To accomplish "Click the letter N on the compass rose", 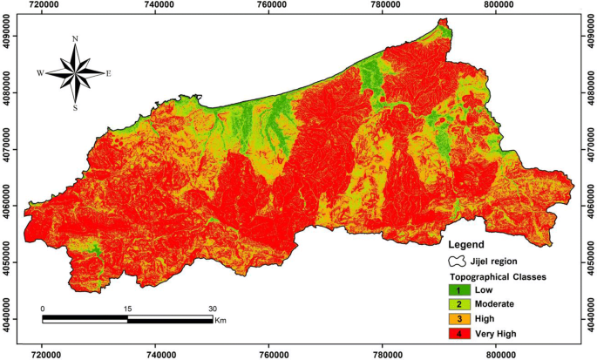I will [x=75, y=39].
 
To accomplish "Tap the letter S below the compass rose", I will [x=75, y=108].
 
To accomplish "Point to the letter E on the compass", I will [x=108, y=73].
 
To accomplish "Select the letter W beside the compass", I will [x=40, y=73].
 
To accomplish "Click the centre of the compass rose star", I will [x=75, y=73].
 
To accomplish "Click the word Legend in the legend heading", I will [x=468, y=246].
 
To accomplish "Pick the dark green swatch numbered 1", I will [x=458, y=289].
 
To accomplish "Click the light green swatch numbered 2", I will [x=458, y=304].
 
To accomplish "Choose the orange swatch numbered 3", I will [x=458, y=319].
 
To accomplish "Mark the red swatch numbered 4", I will [x=458, y=334].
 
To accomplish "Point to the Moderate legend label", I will [x=494, y=304].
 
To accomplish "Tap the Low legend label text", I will [x=484, y=289].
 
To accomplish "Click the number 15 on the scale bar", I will [x=127, y=309].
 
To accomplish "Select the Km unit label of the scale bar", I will [x=222, y=321].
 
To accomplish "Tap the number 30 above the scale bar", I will [x=212, y=309].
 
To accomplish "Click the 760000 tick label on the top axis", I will [x=272, y=5].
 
